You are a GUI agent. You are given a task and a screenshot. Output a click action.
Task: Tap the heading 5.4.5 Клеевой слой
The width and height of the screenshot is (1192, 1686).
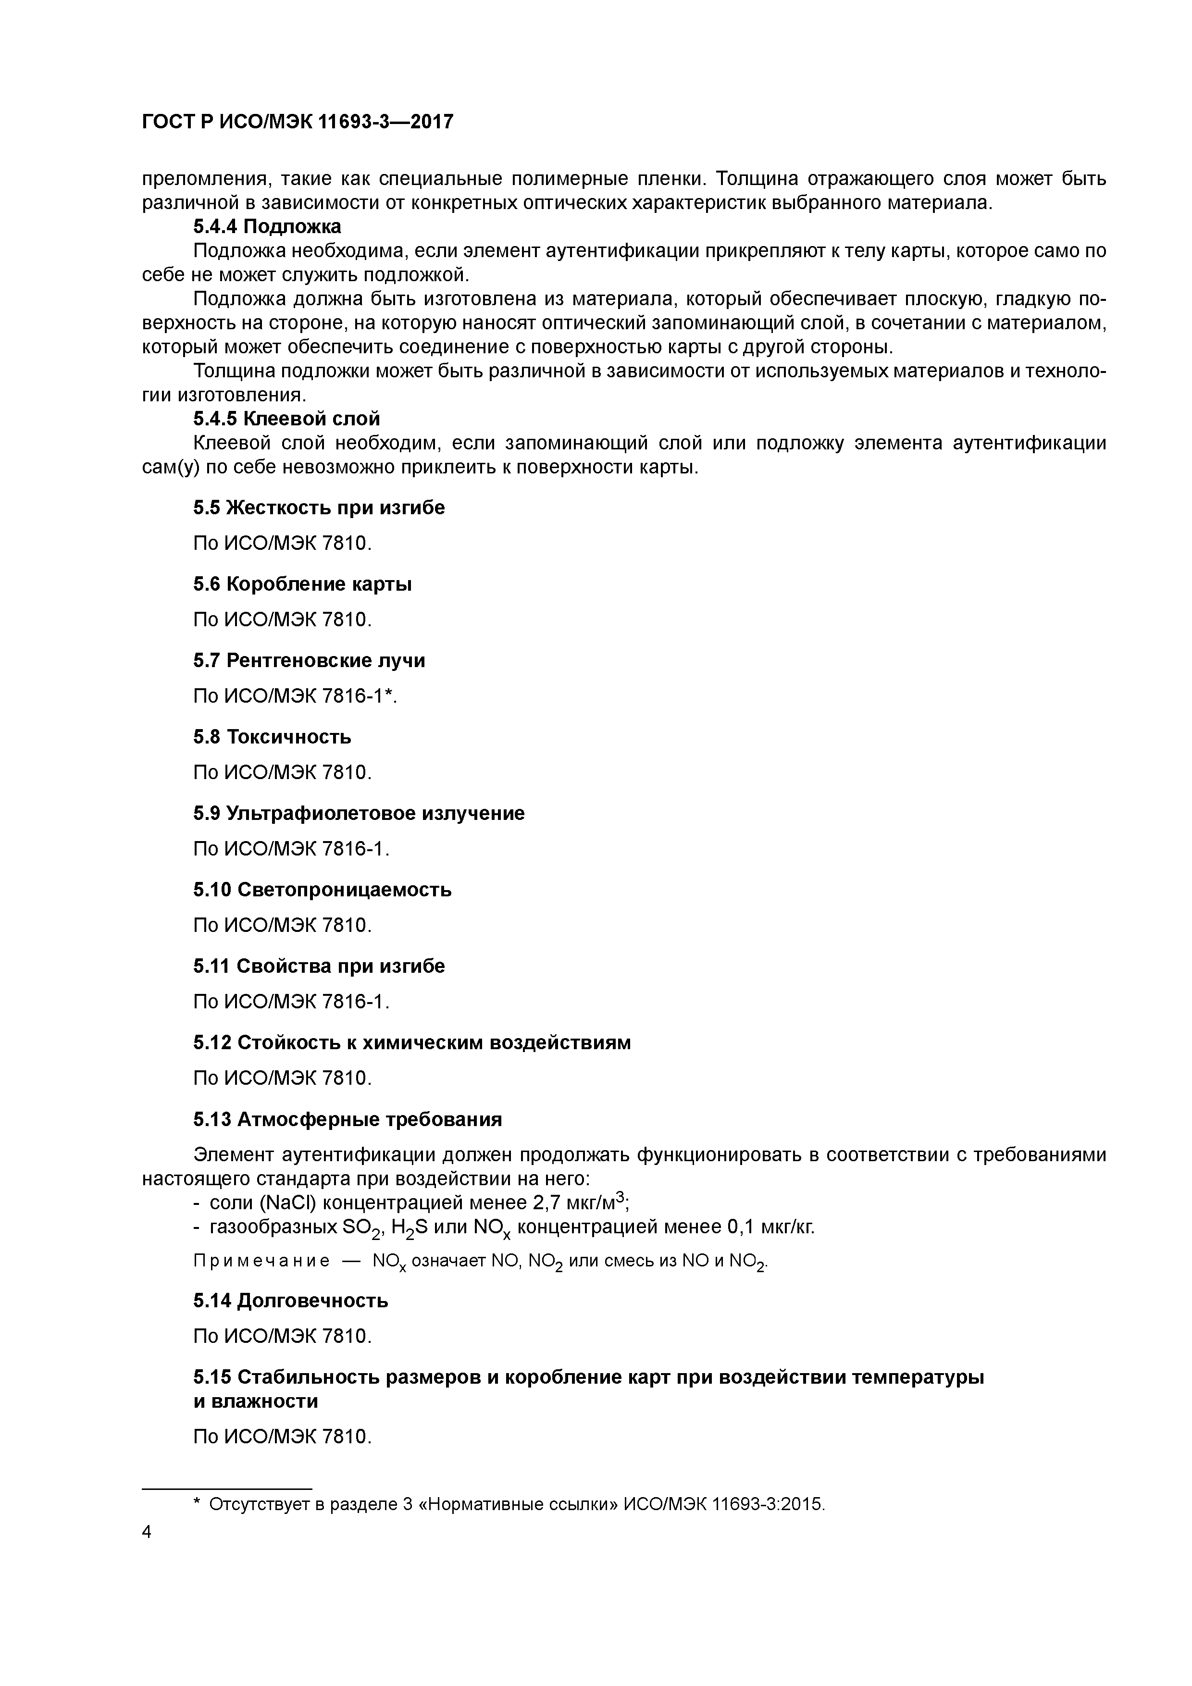point(286,419)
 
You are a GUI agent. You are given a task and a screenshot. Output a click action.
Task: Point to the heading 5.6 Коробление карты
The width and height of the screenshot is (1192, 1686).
point(302,584)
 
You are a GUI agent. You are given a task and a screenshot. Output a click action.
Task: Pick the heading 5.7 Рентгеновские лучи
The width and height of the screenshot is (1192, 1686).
point(309,660)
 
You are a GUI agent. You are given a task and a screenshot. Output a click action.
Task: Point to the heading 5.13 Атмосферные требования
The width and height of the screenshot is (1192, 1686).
point(348,1119)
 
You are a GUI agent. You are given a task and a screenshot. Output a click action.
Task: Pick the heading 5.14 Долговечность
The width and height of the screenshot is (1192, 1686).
point(290,1301)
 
